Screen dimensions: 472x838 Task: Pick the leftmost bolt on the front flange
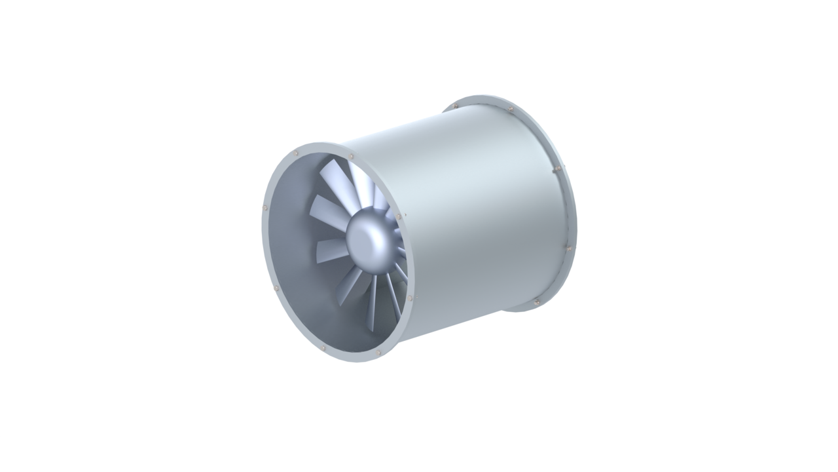(x=264, y=208)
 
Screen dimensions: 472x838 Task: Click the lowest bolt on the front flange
(x=378, y=353)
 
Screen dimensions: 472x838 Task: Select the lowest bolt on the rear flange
(x=536, y=302)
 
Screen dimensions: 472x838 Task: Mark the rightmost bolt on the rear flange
(x=568, y=248)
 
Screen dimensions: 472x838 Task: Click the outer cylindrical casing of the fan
(x=471, y=216)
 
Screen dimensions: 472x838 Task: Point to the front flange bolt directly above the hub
(x=352, y=156)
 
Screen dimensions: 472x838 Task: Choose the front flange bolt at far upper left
(x=296, y=153)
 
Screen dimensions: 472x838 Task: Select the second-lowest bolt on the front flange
(x=323, y=347)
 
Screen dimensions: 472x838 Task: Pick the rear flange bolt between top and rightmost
(x=557, y=168)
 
